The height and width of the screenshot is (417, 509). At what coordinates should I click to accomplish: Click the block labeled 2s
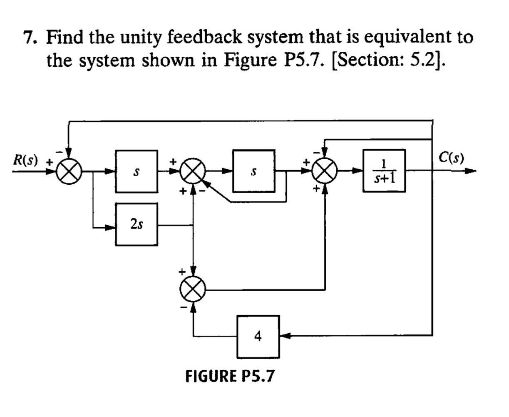[137, 224]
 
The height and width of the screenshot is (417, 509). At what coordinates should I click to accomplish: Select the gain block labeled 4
[258, 336]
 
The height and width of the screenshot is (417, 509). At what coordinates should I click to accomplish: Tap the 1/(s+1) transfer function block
[384, 171]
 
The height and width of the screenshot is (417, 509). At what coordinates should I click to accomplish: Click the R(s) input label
[25, 160]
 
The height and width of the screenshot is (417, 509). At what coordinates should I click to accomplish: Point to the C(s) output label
[451, 158]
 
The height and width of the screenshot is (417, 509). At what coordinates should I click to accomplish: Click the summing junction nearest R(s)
[69, 171]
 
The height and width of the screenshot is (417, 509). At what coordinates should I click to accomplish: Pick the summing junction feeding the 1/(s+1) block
[325, 171]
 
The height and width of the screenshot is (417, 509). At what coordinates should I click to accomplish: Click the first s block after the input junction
[137, 171]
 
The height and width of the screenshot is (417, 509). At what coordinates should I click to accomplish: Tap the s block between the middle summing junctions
[253, 171]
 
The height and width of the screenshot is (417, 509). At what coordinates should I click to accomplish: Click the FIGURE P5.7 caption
[230, 376]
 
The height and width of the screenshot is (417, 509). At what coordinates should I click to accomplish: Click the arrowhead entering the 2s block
[111, 227]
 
